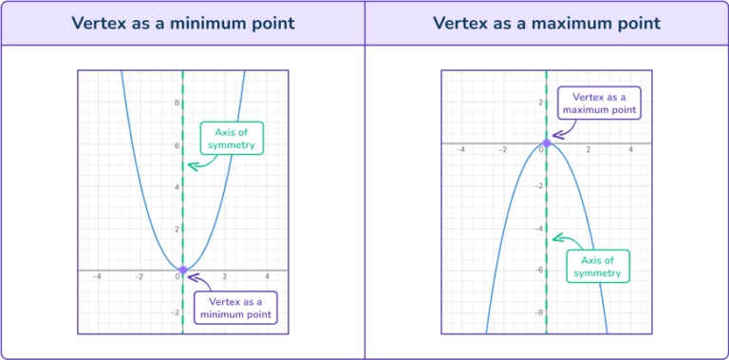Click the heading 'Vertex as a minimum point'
(x=182, y=23)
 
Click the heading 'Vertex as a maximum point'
(x=547, y=23)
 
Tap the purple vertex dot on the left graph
(x=182, y=271)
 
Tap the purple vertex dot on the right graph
(x=546, y=143)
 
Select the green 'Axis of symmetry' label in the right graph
(x=598, y=267)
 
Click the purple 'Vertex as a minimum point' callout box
(x=235, y=308)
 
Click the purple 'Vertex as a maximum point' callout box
(x=599, y=103)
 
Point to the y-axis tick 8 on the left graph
(x=175, y=103)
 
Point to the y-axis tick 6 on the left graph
(x=175, y=145)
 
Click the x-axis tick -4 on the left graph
(x=98, y=277)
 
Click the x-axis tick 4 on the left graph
(x=267, y=277)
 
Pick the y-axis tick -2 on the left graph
(x=174, y=313)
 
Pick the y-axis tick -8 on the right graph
(x=538, y=313)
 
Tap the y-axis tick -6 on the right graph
(x=538, y=271)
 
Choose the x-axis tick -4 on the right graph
(x=460, y=150)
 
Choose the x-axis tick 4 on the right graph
(x=630, y=150)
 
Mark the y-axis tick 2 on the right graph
(x=539, y=103)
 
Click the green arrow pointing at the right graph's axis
(x=560, y=238)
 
